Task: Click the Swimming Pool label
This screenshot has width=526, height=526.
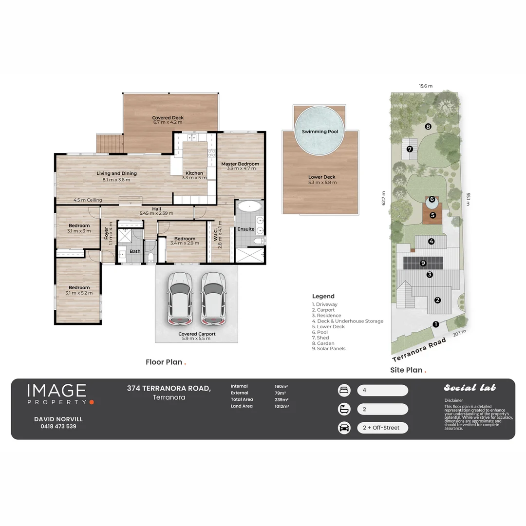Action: [x=319, y=131]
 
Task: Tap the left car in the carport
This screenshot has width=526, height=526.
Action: [x=180, y=298]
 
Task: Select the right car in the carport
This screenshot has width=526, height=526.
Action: [x=213, y=298]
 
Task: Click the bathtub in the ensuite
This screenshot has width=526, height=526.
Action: [x=249, y=207]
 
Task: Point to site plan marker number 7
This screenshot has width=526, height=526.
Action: [x=410, y=149]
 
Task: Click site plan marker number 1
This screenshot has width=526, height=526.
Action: [x=436, y=324]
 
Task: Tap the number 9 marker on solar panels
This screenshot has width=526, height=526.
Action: [x=423, y=263]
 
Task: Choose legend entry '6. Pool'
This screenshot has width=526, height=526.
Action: [x=319, y=332]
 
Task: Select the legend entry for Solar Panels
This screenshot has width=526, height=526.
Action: [x=329, y=349]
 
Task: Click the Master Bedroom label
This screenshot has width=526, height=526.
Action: [x=240, y=164]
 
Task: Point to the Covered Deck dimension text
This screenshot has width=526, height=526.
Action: [x=168, y=122]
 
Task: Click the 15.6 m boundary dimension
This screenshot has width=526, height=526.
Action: [x=426, y=86]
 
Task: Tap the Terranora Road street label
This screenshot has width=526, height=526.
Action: [x=419, y=350]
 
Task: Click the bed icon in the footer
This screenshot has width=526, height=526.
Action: [x=344, y=390]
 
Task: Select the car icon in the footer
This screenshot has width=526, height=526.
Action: [x=344, y=428]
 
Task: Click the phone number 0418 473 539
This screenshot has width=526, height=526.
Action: [x=58, y=426]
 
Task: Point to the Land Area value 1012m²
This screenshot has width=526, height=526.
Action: [x=282, y=406]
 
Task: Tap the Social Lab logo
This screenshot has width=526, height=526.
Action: [x=470, y=388]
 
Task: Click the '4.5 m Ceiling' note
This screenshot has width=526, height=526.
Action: [x=88, y=200]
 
